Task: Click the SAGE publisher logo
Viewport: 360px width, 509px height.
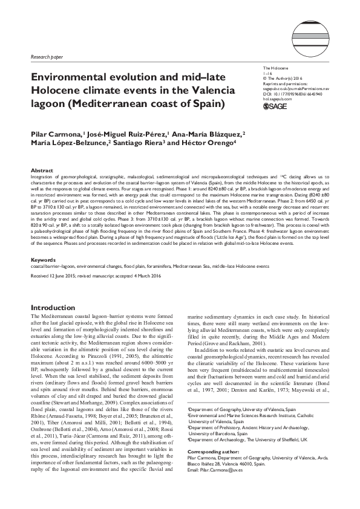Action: (277, 106)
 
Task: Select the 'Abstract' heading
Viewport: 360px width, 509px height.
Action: (41, 171)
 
